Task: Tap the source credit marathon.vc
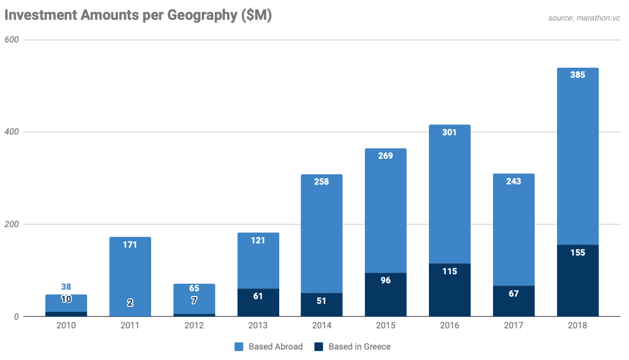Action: pyautogui.click(x=584, y=18)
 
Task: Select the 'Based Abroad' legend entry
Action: pyautogui.click(x=269, y=347)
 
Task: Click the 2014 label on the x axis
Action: pyautogui.click(x=322, y=326)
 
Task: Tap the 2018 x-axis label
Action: pyautogui.click(x=578, y=326)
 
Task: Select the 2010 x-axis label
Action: pyautogui.click(x=66, y=326)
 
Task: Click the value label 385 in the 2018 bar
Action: pyautogui.click(x=578, y=75)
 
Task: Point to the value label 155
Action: pyautogui.click(x=578, y=253)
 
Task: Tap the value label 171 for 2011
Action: pyautogui.click(x=130, y=245)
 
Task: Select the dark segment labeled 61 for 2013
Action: pyautogui.click(x=258, y=302)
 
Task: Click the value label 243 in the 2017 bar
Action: pyautogui.click(x=514, y=181)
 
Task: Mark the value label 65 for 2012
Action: pyautogui.click(x=194, y=288)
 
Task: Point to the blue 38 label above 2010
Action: pyautogui.click(x=66, y=287)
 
